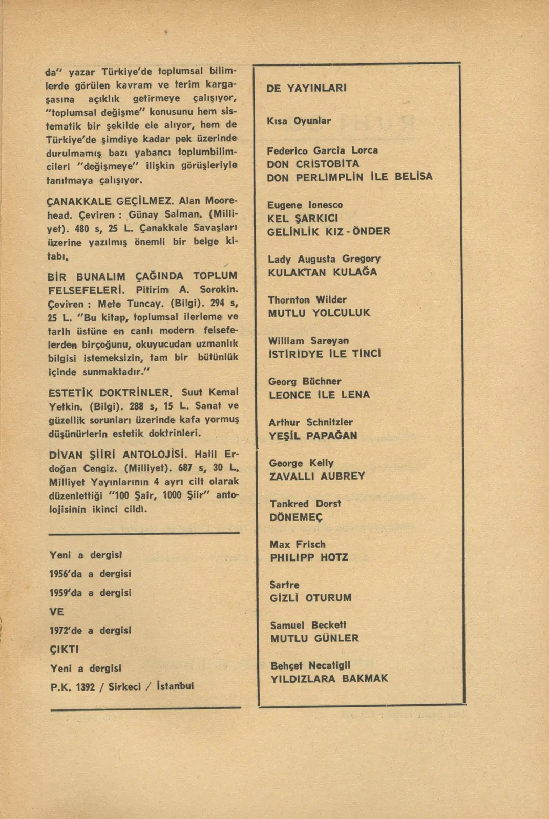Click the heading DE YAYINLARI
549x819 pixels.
306,88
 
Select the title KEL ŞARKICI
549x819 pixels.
303,218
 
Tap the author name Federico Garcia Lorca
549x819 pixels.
322,150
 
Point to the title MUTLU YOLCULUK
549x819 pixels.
319,313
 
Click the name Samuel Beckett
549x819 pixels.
308,625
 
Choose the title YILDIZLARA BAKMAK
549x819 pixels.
329,679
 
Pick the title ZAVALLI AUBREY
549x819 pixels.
317,476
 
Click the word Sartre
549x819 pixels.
284,585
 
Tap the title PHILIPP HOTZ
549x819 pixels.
309,557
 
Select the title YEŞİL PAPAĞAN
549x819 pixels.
313,436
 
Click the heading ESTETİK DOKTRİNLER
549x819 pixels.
110,393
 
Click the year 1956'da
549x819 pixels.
66,574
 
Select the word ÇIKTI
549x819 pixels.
64,649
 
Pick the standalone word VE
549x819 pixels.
56,611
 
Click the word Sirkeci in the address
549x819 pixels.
124,686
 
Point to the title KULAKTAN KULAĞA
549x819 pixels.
322,272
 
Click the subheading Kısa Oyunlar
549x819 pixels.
299,121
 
